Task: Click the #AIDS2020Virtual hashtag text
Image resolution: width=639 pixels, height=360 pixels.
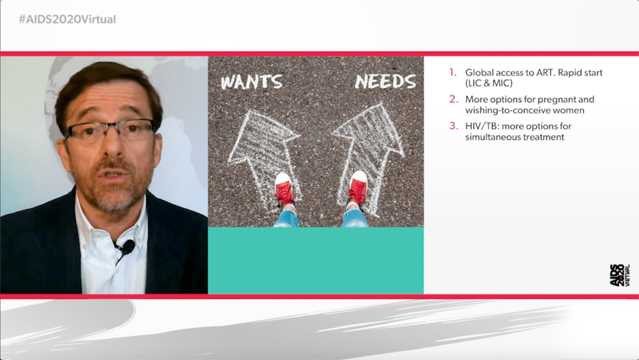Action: pyautogui.click(x=67, y=19)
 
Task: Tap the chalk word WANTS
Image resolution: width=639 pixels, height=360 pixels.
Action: pyautogui.click(x=251, y=82)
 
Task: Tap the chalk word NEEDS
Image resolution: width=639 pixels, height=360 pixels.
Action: pyautogui.click(x=385, y=81)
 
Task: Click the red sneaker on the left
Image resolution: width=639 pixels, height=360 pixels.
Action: pyautogui.click(x=284, y=189)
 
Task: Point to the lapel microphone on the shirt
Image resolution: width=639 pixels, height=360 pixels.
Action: pyautogui.click(x=128, y=246)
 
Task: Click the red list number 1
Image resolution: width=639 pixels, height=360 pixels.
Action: pyautogui.click(x=453, y=72)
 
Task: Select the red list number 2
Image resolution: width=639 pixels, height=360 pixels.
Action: pyautogui.click(x=454, y=99)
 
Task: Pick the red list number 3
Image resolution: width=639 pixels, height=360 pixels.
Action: pyautogui.click(x=454, y=126)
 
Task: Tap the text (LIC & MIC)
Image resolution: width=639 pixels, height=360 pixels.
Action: pyautogui.click(x=489, y=83)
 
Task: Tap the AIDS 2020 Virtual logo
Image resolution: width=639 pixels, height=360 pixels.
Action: pyautogui.click(x=620, y=275)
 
